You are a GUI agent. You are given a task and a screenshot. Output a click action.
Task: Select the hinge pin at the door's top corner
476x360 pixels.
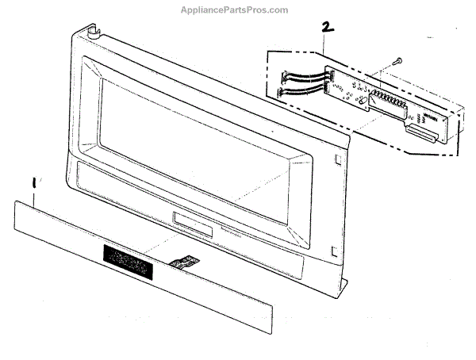click(x=94, y=33)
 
